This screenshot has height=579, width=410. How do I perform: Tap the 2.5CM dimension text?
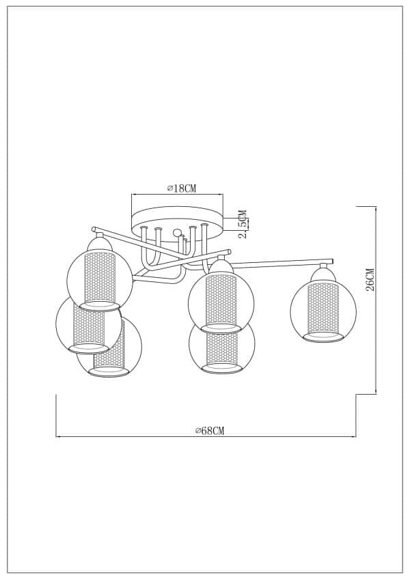(243, 223)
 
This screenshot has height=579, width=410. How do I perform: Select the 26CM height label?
(370, 279)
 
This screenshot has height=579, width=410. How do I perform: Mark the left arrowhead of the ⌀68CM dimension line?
(57, 436)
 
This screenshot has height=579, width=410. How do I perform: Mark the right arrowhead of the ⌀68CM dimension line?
(355, 436)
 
